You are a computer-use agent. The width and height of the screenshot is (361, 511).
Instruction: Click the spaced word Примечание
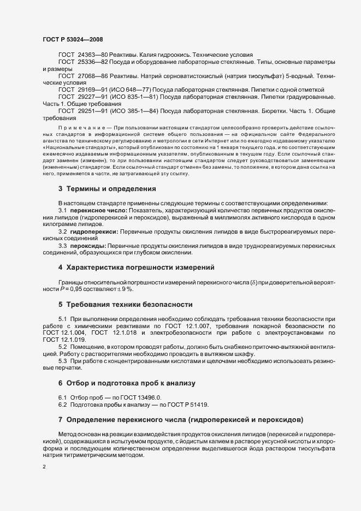pyautogui.click(x=79, y=127)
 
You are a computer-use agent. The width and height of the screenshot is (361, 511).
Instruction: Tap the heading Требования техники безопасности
pyautogui.click(x=128, y=304)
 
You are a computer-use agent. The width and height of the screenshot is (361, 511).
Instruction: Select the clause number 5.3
pyautogui.click(x=63, y=360)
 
